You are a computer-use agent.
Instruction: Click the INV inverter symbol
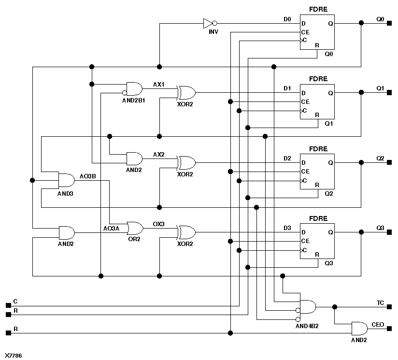point(209,23)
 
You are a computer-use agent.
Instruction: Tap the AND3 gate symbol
point(66,180)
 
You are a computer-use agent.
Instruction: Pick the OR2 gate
point(134,228)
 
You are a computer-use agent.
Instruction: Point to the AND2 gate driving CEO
point(359,329)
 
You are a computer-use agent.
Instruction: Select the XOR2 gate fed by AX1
point(186,92)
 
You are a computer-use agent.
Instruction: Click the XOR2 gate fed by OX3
point(186,232)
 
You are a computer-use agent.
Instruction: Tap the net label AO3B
point(88,176)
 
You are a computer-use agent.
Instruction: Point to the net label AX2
point(158,155)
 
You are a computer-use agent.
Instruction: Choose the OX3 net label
point(158,224)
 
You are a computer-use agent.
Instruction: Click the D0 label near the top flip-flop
point(287,19)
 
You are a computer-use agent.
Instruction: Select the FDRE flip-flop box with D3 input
point(317,241)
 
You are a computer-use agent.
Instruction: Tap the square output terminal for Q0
point(389,23)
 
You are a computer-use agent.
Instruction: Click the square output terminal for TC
point(389,306)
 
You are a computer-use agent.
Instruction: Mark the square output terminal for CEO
point(389,329)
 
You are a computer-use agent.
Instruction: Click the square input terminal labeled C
point(8,305)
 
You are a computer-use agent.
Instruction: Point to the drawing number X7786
point(14,355)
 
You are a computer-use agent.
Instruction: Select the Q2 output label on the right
point(380,158)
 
